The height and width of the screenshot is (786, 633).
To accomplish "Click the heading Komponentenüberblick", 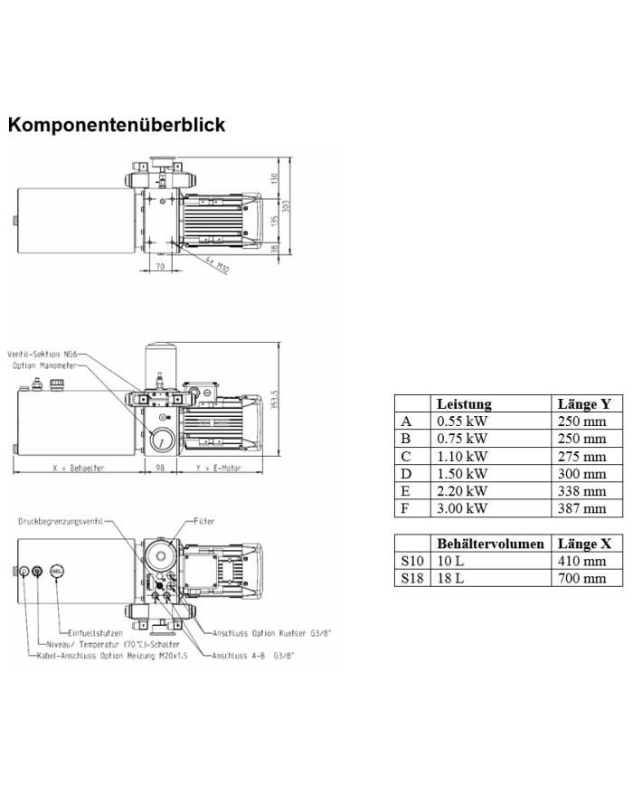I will coord(116,125).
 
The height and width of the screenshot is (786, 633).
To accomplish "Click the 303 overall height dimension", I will coord(287,206).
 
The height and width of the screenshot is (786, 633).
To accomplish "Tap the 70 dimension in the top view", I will coord(159,268).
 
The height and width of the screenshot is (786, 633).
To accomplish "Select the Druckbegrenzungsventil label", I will coord(61,522).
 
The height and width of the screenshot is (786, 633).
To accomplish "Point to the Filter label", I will coord(204,522).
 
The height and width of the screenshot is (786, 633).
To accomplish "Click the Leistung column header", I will coord(464,404).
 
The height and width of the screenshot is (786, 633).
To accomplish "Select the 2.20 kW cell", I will coord(461,491).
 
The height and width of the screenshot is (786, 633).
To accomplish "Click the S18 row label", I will coord(411,578).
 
